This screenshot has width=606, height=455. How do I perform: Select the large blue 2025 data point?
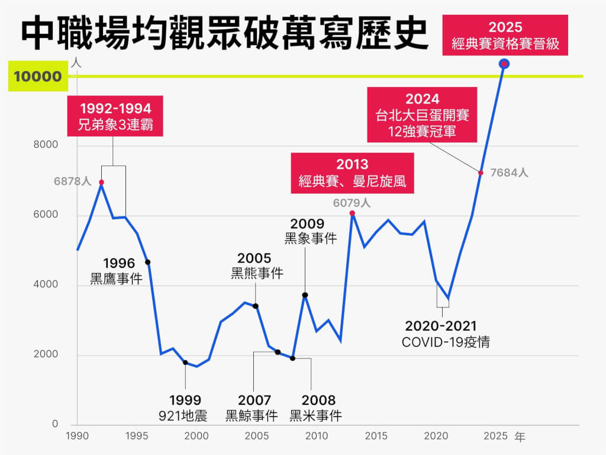tap(504, 63)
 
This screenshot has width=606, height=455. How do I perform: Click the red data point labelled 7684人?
tap(481, 173)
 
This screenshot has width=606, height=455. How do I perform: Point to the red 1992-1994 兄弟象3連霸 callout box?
tap(115, 117)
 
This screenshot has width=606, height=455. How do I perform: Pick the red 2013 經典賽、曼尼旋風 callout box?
tap(352, 172)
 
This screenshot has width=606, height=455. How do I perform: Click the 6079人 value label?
tap(352, 203)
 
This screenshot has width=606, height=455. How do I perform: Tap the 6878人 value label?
tap(72, 181)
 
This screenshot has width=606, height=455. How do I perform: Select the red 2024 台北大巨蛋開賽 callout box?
tap(421, 114)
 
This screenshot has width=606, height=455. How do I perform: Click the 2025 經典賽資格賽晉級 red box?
tap(505, 36)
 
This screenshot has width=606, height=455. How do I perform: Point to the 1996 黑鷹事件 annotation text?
tap(116, 271)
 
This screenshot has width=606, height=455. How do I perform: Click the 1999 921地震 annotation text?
tap(185, 408)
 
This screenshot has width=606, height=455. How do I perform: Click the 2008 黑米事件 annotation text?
tap(316, 408)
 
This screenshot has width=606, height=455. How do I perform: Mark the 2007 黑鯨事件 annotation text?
tap(252, 408)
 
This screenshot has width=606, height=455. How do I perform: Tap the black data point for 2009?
tap(305, 295)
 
